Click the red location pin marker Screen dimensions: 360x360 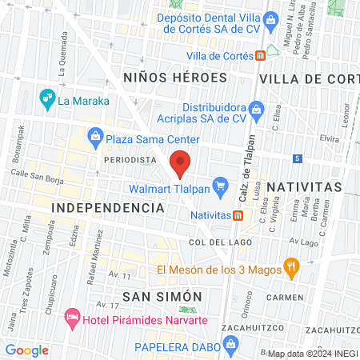point(180,162)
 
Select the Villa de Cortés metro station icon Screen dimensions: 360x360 point(261,55)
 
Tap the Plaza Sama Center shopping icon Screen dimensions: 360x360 point(94,135)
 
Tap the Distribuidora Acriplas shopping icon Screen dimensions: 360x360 point(257,108)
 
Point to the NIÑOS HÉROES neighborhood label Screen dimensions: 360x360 point(176,78)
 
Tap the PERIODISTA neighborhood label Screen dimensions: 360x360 point(129,159)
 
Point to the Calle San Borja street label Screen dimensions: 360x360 point(38,174)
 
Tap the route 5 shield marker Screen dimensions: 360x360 point(298,158)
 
